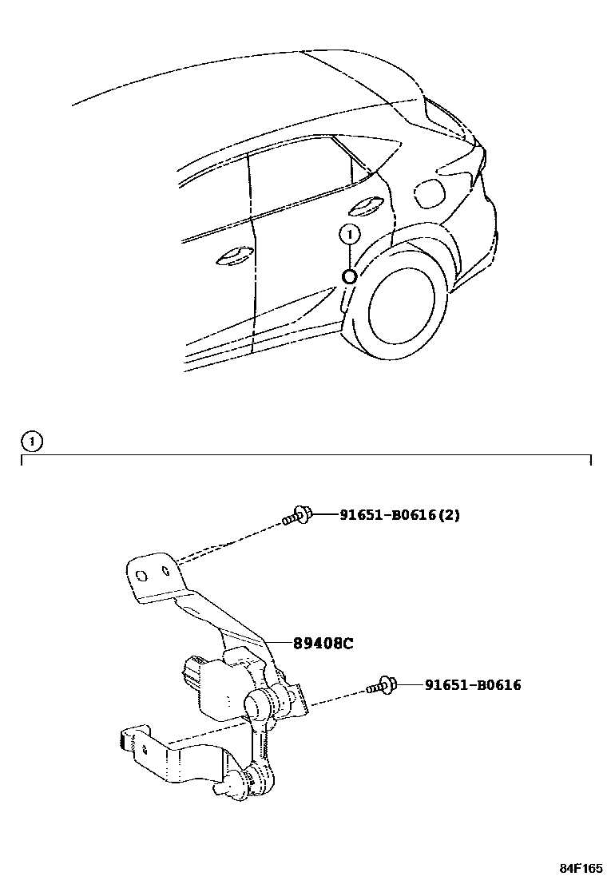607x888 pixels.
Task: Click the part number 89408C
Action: click(x=322, y=642)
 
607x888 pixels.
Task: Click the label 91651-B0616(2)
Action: click(x=400, y=515)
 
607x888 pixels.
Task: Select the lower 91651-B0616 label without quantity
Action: click(x=472, y=684)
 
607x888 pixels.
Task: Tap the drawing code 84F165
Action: click(x=580, y=868)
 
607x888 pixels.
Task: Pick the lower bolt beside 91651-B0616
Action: click(x=383, y=685)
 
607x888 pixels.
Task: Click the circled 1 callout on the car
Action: click(x=349, y=234)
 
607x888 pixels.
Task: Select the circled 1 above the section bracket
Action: click(x=32, y=441)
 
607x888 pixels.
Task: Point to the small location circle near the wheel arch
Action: click(x=349, y=276)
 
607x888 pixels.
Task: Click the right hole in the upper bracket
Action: click(x=165, y=572)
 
